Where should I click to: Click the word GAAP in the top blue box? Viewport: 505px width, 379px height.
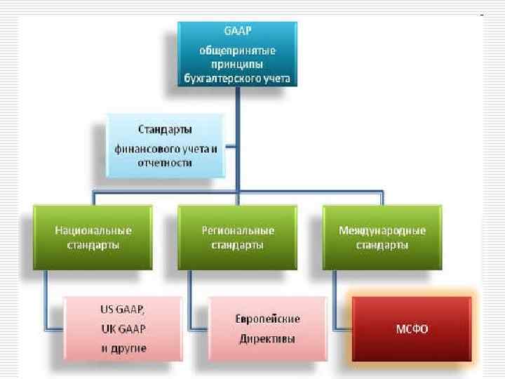238,34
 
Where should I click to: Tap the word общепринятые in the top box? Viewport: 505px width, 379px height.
238,51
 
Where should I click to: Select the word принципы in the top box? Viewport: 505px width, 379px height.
238,65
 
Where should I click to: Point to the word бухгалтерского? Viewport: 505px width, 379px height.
219,78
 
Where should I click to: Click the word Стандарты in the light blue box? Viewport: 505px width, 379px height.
166,130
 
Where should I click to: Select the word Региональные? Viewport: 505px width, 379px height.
238,230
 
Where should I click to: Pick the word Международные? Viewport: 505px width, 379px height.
382,230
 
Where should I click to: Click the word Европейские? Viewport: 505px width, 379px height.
267,319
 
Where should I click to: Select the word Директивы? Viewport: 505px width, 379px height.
267,338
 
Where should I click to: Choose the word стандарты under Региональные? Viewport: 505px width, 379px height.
238,245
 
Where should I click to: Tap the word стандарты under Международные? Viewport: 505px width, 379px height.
382,245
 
